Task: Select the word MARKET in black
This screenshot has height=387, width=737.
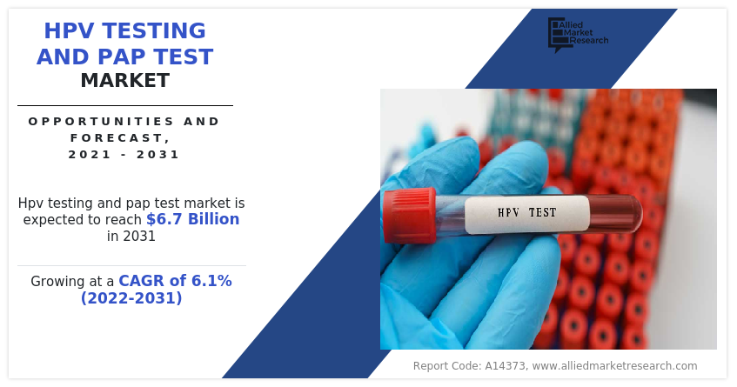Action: pos(125,82)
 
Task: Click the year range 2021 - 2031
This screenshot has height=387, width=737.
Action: pos(124,155)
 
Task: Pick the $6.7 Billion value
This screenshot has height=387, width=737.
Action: pos(192,219)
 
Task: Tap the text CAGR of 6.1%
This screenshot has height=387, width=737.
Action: pos(175,281)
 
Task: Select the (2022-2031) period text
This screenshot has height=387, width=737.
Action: pos(131,298)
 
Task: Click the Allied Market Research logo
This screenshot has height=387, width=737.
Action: pos(577,34)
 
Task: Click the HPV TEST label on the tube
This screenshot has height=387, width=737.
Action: pos(526,212)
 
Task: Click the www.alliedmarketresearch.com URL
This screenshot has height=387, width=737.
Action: pos(614,366)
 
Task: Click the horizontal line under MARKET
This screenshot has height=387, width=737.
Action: pos(125,105)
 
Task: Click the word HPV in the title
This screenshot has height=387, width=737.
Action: pos(70,32)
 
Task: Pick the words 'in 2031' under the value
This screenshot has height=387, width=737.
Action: pos(131,236)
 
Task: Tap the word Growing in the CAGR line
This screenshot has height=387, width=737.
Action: pos(60,282)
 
